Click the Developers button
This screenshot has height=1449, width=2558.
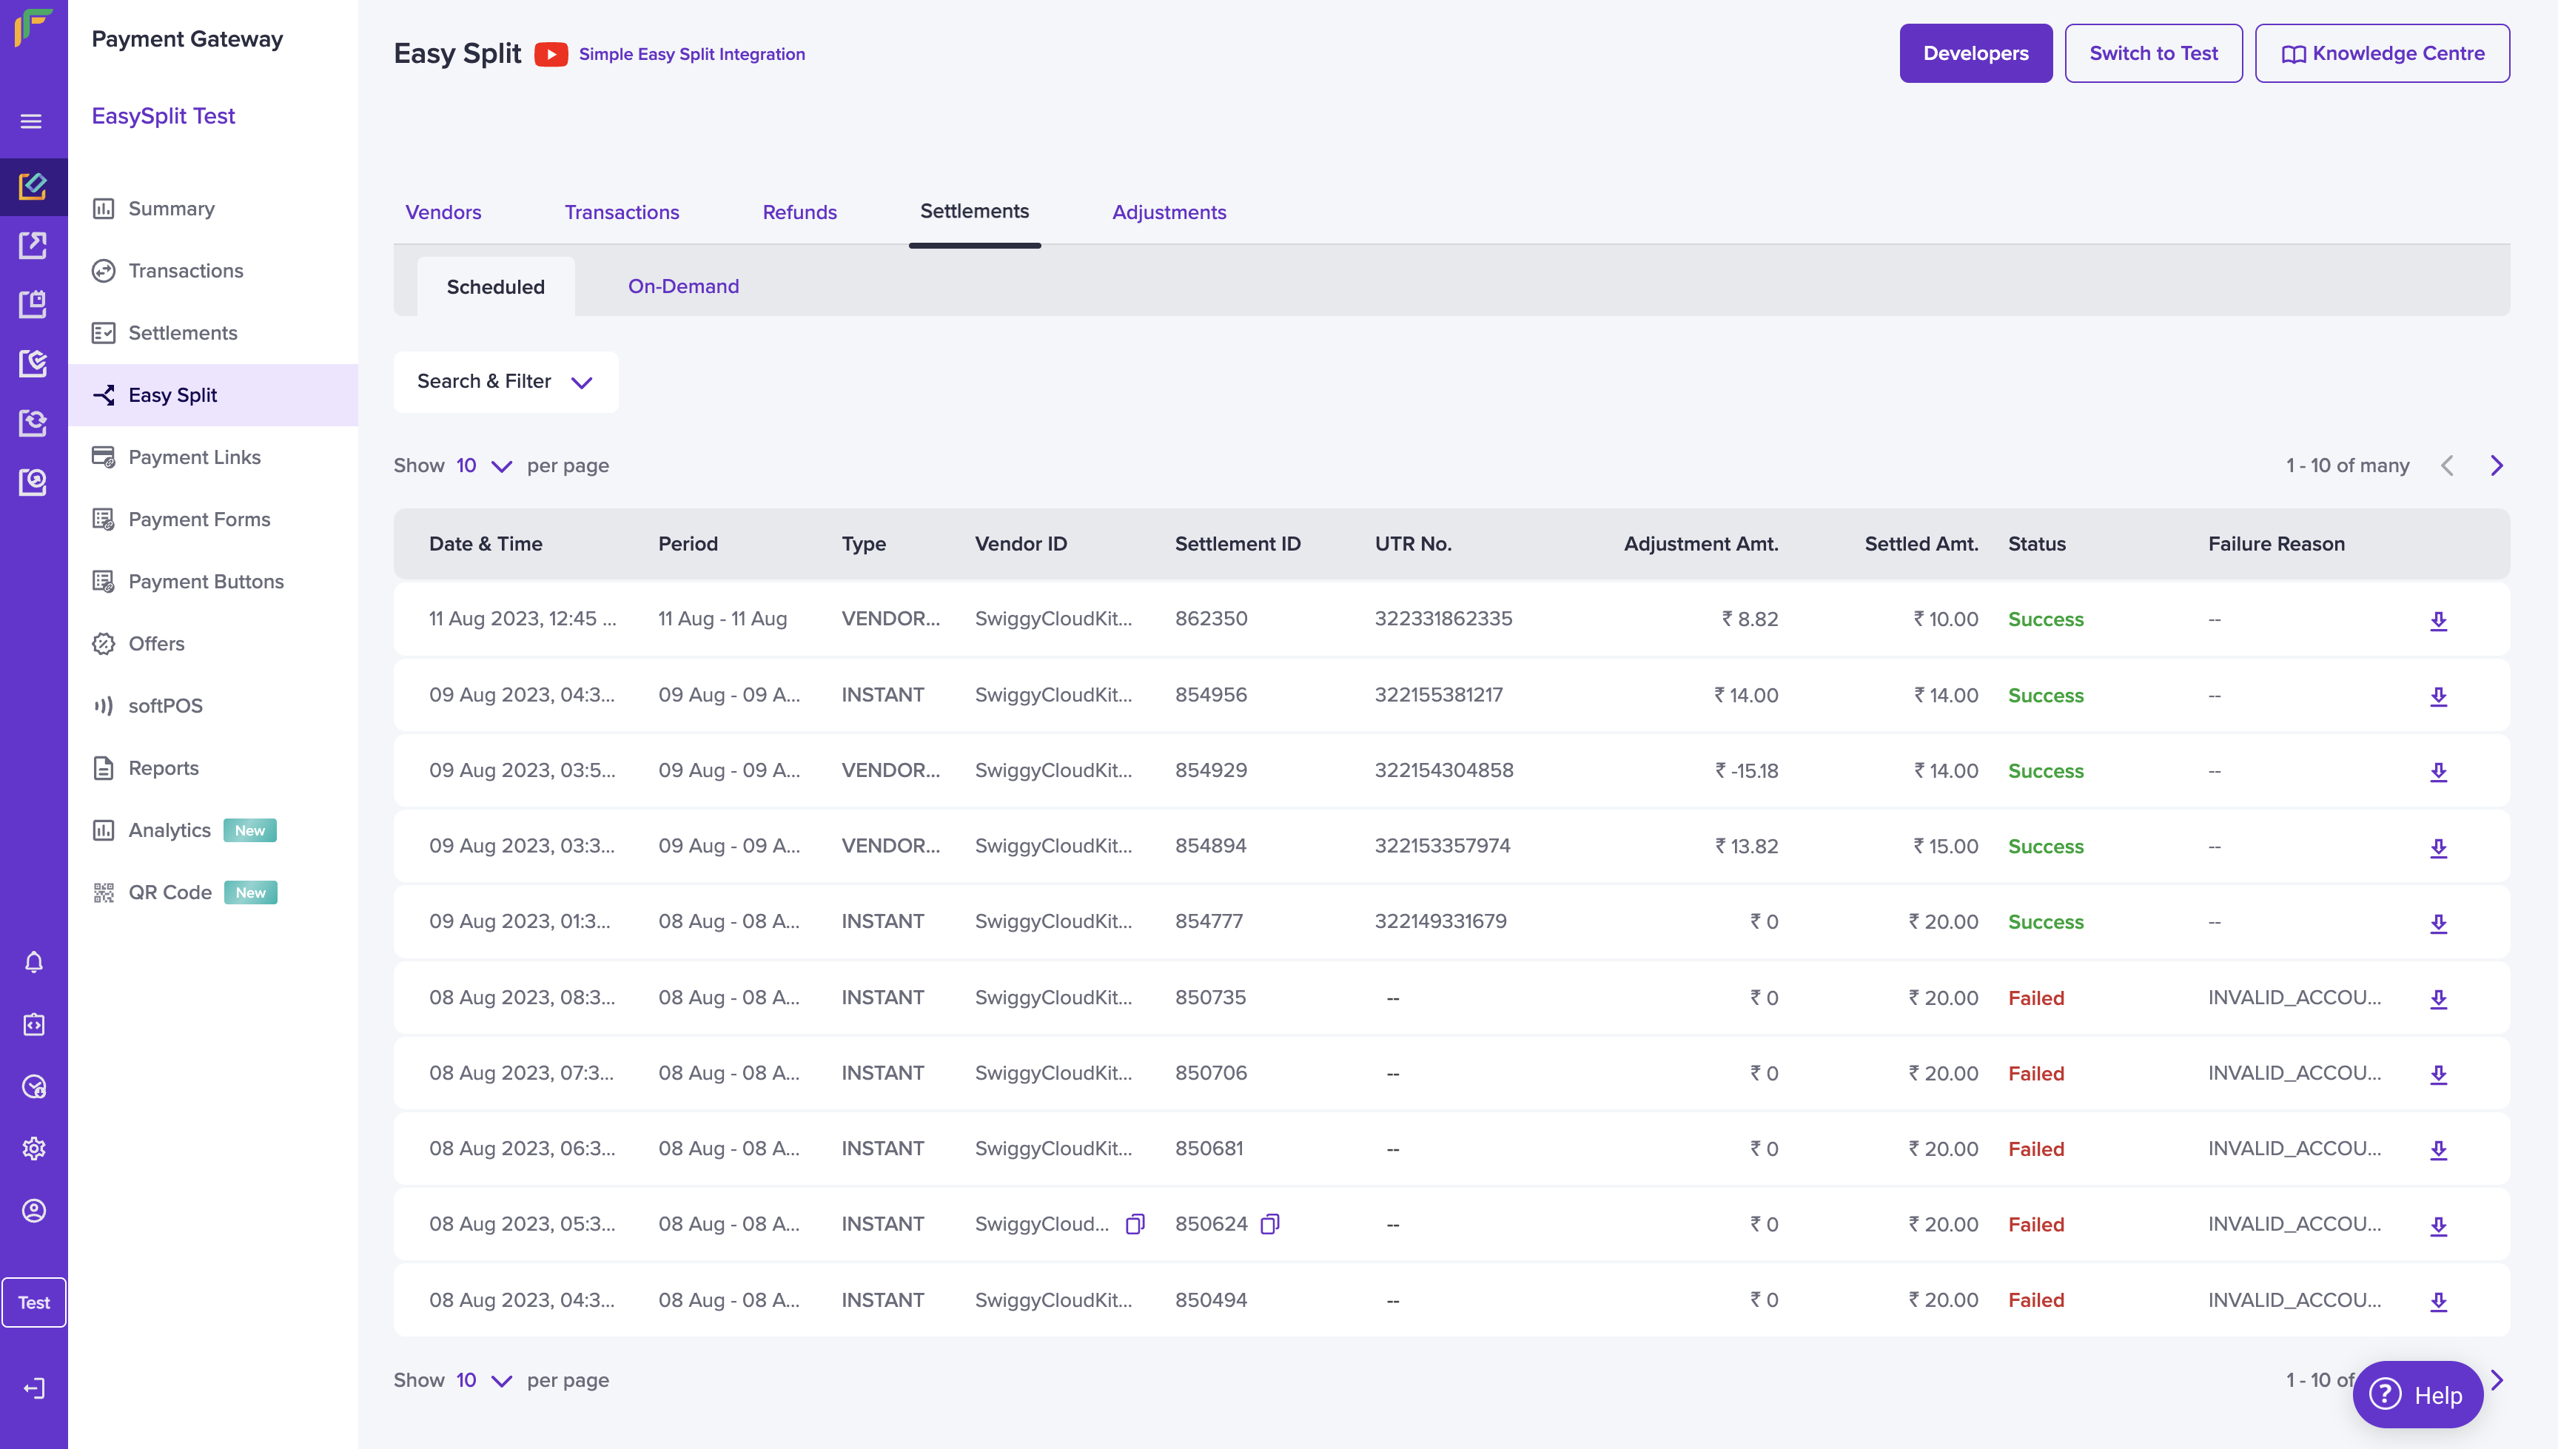click(1975, 54)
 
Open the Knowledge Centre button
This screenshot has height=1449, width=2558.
click(2381, 54)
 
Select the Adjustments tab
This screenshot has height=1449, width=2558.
click(1169, 212)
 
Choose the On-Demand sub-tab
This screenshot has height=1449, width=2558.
click(682, 286)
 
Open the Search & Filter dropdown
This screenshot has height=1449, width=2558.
click(505, 382)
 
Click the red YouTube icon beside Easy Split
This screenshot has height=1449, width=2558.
click(551, 54)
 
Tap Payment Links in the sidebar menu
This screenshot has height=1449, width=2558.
click(194, 457)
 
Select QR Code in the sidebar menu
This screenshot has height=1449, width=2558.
click(170, 892)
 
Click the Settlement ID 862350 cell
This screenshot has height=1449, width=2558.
click(1210, 619)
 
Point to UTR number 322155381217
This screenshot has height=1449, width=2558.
click(1438, 695)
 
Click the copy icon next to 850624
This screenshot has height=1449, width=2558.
click(1270, 1224)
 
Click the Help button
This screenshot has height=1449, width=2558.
click(2417, 1394)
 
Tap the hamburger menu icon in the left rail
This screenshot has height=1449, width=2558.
click(32, 121)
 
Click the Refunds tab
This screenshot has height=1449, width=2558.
click(799, 212)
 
